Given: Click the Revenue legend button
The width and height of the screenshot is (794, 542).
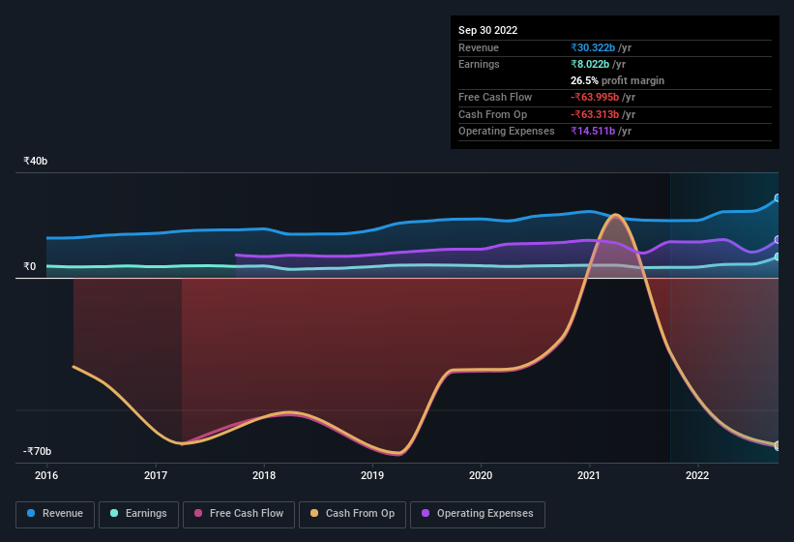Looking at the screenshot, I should coord(55,513).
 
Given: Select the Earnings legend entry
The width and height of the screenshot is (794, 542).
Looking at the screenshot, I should coord(138,513).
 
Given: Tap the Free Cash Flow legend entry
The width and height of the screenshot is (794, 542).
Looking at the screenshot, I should coord(240,513).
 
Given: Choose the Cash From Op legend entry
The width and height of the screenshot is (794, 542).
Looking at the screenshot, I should coord(353,513).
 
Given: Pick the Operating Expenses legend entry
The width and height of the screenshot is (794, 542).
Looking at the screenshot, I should coord(478,513).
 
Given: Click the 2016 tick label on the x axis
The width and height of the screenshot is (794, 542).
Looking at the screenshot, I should coord(46,475).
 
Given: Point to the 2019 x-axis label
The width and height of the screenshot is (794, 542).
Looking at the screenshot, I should coord(372,475).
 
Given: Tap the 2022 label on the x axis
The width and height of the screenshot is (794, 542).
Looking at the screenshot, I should coord(697,475).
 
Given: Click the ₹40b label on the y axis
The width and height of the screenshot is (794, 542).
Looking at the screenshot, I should coord(37,161).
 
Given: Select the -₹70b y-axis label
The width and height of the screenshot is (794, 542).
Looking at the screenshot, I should coord(38,451).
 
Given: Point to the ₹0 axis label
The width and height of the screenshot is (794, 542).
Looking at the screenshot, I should coord(29,266).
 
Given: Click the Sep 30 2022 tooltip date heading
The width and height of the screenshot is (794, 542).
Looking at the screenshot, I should coord(487,30).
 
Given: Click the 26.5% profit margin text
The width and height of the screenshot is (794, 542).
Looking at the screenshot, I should coord(617,80).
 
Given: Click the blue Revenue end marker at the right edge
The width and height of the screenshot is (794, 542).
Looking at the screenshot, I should coord(777,198).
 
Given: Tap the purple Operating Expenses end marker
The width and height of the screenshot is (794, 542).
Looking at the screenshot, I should coord(777,240).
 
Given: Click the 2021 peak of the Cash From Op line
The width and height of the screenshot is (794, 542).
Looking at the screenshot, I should coord(612,214).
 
